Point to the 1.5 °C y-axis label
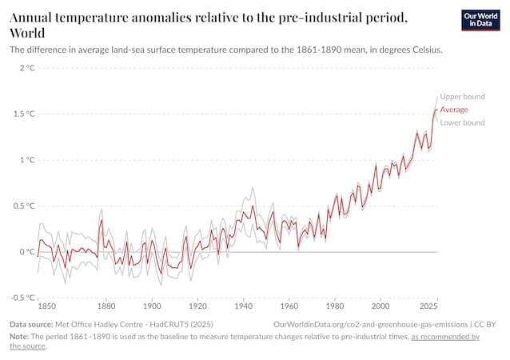point(23,114)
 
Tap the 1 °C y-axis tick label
point(26,160)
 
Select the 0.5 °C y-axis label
point(23,206)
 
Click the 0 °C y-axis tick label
point(26,252)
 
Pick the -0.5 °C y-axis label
point(22,298)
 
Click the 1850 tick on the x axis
point(47,306)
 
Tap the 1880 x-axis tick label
point(106,306)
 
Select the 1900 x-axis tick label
point(152,306)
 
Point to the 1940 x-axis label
point(244,306)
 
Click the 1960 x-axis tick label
point(289,306)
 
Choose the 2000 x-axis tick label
point(381,306)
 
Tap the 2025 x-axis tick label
point(428,306)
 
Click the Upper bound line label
point(463,96)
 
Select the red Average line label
point(454,109)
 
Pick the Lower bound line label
point(463,122)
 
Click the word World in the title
point(27,33)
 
